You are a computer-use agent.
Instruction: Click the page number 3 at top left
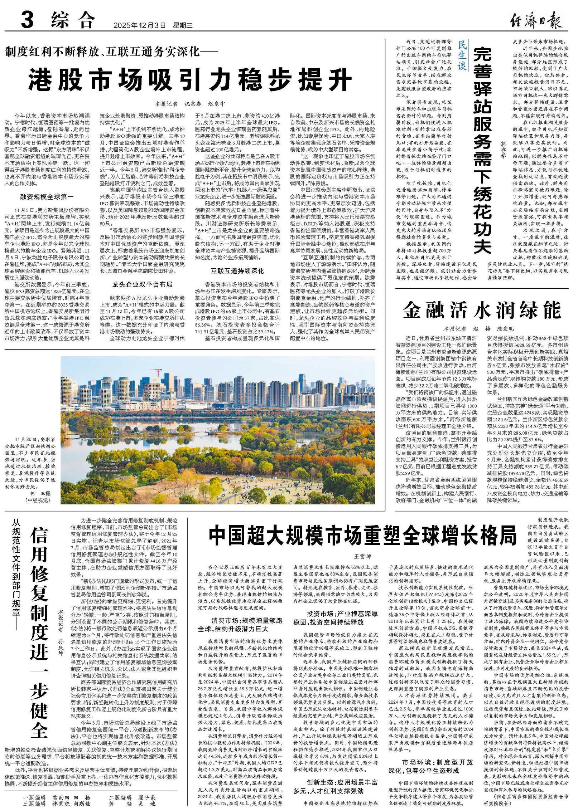pos(27,20)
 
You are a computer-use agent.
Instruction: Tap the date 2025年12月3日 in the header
pos(140,25)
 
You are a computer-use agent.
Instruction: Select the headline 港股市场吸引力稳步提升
pos(190,79)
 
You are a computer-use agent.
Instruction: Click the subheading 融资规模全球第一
pos(47,196)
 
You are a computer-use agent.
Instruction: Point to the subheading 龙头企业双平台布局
pos(142,284)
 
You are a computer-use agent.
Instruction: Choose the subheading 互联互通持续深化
pos(237,271)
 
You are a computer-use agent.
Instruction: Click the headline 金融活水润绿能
pos(481,310)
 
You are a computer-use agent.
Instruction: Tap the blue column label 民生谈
pos(462,55)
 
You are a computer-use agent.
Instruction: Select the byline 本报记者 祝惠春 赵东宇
pos(190,104)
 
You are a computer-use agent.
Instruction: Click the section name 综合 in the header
pos(73,20)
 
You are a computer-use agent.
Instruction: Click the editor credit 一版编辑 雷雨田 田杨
pos(57,798)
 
